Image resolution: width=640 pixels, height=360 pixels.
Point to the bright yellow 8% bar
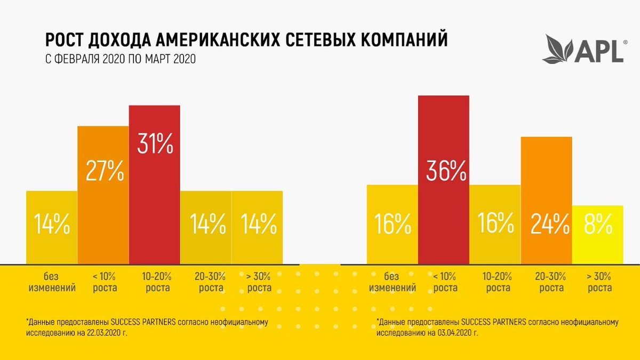(597, 234)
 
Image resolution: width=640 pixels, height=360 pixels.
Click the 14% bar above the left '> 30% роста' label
(257, 227)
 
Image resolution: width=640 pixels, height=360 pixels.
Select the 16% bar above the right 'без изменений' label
(392, 224)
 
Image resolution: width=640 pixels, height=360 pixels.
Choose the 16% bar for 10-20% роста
(495, 224)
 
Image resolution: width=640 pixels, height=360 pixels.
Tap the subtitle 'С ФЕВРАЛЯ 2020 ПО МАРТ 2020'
(120, 59)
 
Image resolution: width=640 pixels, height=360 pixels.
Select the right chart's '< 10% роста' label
(445, 282)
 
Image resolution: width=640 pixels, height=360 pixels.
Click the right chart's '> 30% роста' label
(599, 282)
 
